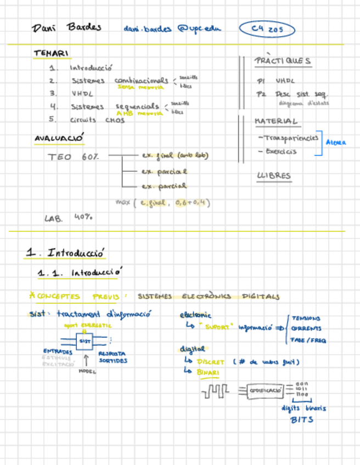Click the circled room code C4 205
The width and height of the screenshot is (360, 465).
point(267,30)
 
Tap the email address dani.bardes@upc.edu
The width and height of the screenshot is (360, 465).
point(172,29)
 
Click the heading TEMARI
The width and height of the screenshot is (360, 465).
point(51,53)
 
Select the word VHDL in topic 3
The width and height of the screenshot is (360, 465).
point(83,94)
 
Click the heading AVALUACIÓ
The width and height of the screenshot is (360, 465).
point(59,139)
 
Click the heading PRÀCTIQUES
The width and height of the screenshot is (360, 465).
point(283,61)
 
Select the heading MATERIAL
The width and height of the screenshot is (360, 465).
point(276,121)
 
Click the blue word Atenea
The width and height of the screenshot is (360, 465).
point(336,143)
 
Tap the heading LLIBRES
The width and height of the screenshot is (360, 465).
point(274,176)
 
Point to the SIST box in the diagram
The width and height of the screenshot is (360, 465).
point(85,341)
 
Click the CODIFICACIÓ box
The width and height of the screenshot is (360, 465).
point(265,390)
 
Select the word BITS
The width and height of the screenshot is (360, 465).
point(302,419)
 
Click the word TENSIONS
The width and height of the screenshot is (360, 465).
point(306,319)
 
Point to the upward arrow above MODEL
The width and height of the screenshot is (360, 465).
point(86,360)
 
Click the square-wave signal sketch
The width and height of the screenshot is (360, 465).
point(215,392)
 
